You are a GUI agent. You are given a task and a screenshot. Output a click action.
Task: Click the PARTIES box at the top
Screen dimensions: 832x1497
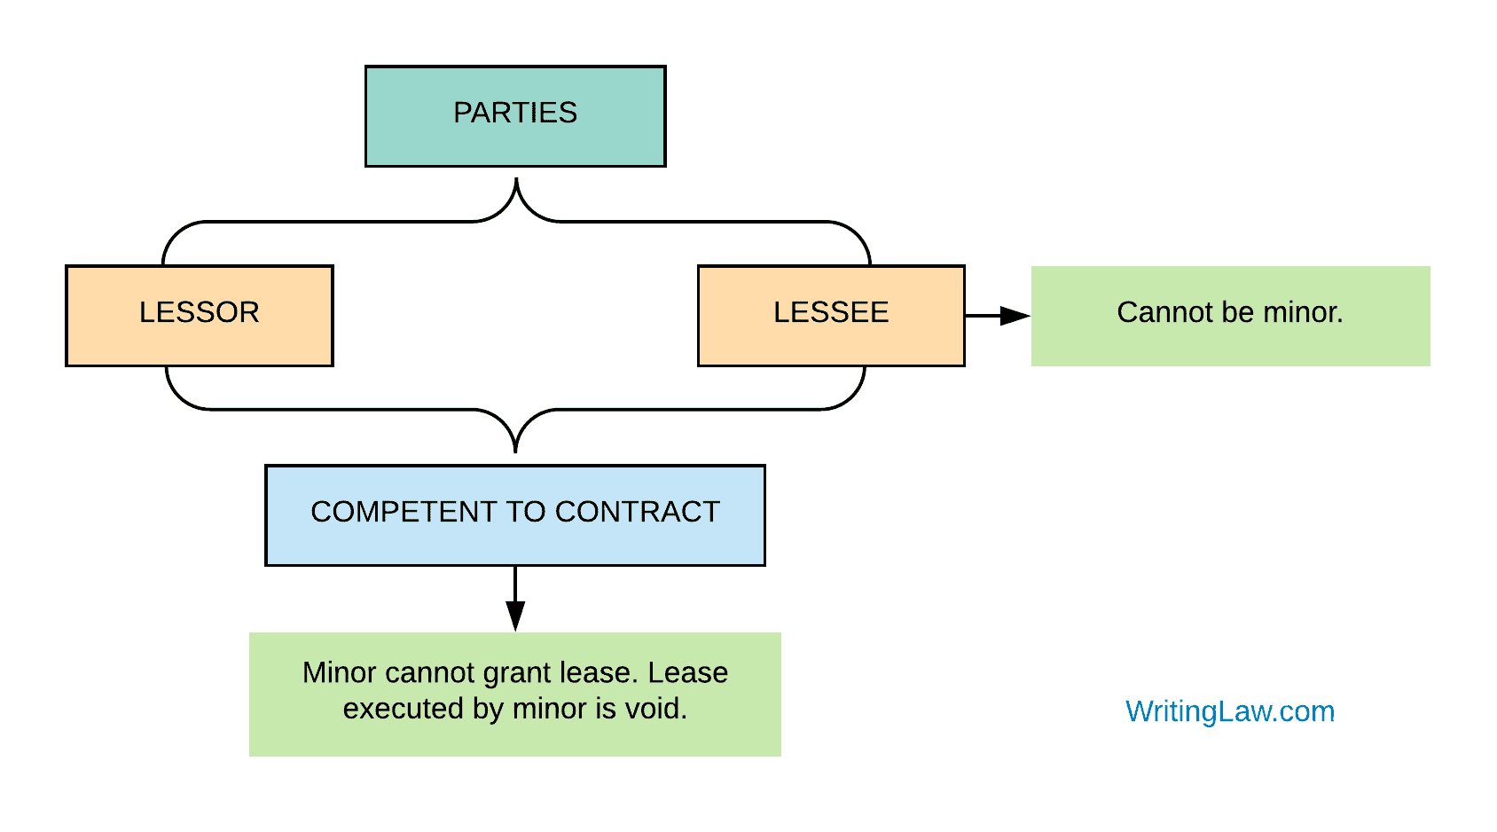tap(515, 116)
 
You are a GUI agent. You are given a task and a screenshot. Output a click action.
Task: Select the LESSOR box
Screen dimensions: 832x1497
tap(200, 315)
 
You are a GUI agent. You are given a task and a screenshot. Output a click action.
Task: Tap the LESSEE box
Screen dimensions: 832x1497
tap(831, 315)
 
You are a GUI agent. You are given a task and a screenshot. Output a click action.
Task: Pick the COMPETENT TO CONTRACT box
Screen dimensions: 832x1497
tap(515, 514)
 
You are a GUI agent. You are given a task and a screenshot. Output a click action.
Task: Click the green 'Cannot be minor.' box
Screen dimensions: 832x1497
tap(1230, 316)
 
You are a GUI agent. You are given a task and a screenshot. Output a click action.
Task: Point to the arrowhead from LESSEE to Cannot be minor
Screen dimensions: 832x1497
tap(1015, 316)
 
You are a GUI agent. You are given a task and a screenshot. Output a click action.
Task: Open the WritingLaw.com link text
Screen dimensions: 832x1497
tap(1230, 711)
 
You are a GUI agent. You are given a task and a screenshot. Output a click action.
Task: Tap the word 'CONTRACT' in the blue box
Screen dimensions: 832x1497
tap(638, 512)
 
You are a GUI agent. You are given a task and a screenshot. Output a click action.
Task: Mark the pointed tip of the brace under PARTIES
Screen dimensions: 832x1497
tap(516, 181)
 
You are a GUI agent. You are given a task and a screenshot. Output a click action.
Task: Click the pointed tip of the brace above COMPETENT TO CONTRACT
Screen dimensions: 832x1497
tap(515, 451)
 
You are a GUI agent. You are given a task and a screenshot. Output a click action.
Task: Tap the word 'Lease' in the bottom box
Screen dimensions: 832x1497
tap(688, 672)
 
